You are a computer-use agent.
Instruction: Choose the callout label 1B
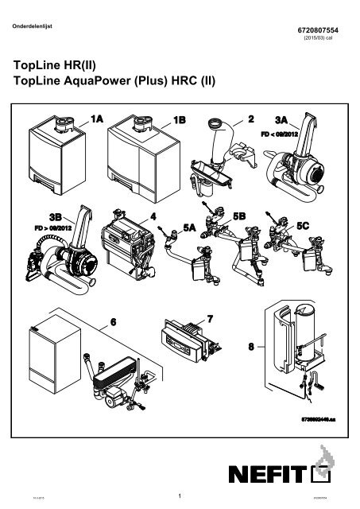[180, 119]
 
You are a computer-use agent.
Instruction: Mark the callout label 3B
[55, 216]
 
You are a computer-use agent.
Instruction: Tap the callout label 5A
[190, 227]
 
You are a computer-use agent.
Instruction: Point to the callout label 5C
[305, 227]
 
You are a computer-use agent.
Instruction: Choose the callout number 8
[251, 347]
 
